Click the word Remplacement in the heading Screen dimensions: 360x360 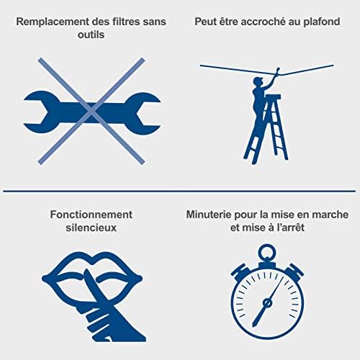pyautogui.click(x=53, y=22)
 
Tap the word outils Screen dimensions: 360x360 pyautogui.click(x=91, y=35)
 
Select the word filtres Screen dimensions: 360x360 pyautogui.click(x=125, y=22)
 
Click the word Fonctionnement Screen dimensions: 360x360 pyautogui.click(x=91, y=215)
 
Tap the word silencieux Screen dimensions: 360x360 pyautogui.click(x=91, y=228)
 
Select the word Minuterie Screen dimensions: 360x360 pyautogui.click(x=209, y=215)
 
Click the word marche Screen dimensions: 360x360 pyautogui.click(x=330, y=215)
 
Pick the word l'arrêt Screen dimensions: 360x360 pyautogui.click(x=290, y=228)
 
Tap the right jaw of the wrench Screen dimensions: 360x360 pyautogui.click(x=143, y=112)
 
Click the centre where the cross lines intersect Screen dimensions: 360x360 pyautogui.click(x=91, y=111)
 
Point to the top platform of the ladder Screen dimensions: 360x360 pyautogui.click(x=273, y=96)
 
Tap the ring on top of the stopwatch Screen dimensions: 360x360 pyautogui.click(x=266, y=252)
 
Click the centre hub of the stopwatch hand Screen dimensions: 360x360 pyautogui.click(x=266, y=303)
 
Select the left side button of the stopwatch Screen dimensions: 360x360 pyautogui.click(x=238, y=272)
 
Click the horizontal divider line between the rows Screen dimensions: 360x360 pyautogui.click(x=179, y=192)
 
